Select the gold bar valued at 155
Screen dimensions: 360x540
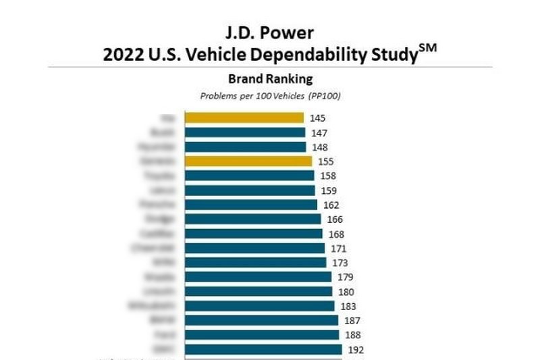(248, 161)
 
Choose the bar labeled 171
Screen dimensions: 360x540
(254, 249)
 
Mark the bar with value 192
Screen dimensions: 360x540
(261, 350)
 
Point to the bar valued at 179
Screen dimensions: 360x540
(256, 277)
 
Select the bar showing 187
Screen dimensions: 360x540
(259, 321)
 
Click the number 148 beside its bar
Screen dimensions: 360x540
(320, 147)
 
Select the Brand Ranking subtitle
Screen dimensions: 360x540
(270, 79)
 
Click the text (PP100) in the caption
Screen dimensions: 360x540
(325, 96)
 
